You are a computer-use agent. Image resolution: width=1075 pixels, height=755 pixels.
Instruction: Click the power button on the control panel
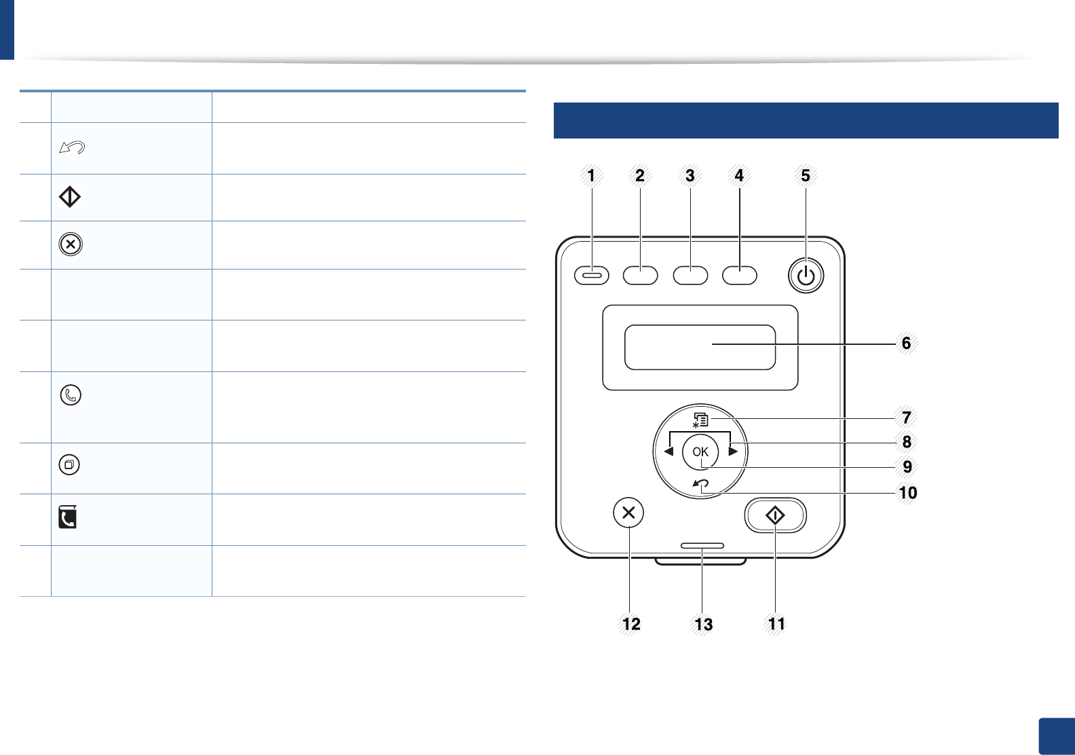(806, 276)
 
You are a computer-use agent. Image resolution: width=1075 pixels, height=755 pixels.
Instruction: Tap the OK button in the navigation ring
(700, 452)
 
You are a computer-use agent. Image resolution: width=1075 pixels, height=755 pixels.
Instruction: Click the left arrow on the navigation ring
(668, 452)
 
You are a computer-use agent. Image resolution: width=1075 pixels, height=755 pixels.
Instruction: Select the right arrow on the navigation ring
(733, 452)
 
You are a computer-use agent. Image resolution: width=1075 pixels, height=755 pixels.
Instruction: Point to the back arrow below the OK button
(701, 484)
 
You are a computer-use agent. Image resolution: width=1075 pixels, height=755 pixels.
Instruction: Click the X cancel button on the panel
(628, 513)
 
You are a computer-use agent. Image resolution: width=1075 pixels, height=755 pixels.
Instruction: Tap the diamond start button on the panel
(775, 516)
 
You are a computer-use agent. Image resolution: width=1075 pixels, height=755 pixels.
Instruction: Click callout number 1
(591, 176)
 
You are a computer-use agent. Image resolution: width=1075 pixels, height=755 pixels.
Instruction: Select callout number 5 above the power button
(806, 176)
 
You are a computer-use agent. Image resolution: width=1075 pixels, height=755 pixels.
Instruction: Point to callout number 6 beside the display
(906, 343)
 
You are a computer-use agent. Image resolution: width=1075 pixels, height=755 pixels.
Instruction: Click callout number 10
(908, 492)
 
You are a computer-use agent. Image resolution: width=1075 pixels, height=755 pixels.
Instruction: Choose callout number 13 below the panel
(704, 624)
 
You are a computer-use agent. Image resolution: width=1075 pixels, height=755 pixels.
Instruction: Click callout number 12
(631, 624)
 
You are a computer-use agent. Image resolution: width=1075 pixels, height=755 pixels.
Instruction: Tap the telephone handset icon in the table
(71, 394)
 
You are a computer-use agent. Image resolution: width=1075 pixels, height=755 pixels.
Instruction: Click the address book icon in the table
(68, 517)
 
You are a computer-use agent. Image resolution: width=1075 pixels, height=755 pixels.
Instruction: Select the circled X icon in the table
(71, 244)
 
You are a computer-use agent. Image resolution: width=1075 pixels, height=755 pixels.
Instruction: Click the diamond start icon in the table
(70, 197)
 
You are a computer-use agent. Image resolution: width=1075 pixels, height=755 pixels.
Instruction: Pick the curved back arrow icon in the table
(72, 147)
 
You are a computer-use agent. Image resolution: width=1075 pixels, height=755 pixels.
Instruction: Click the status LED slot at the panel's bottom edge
(702, 546)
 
